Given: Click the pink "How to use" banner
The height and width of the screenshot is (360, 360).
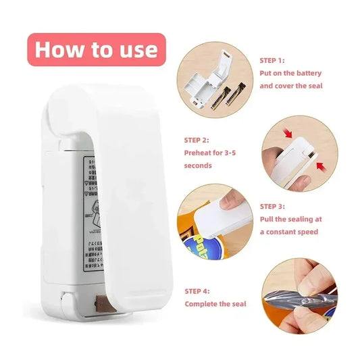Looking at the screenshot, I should click(x=96, y=49).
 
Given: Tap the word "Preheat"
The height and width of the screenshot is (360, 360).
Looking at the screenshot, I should click(x=201, y=153).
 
